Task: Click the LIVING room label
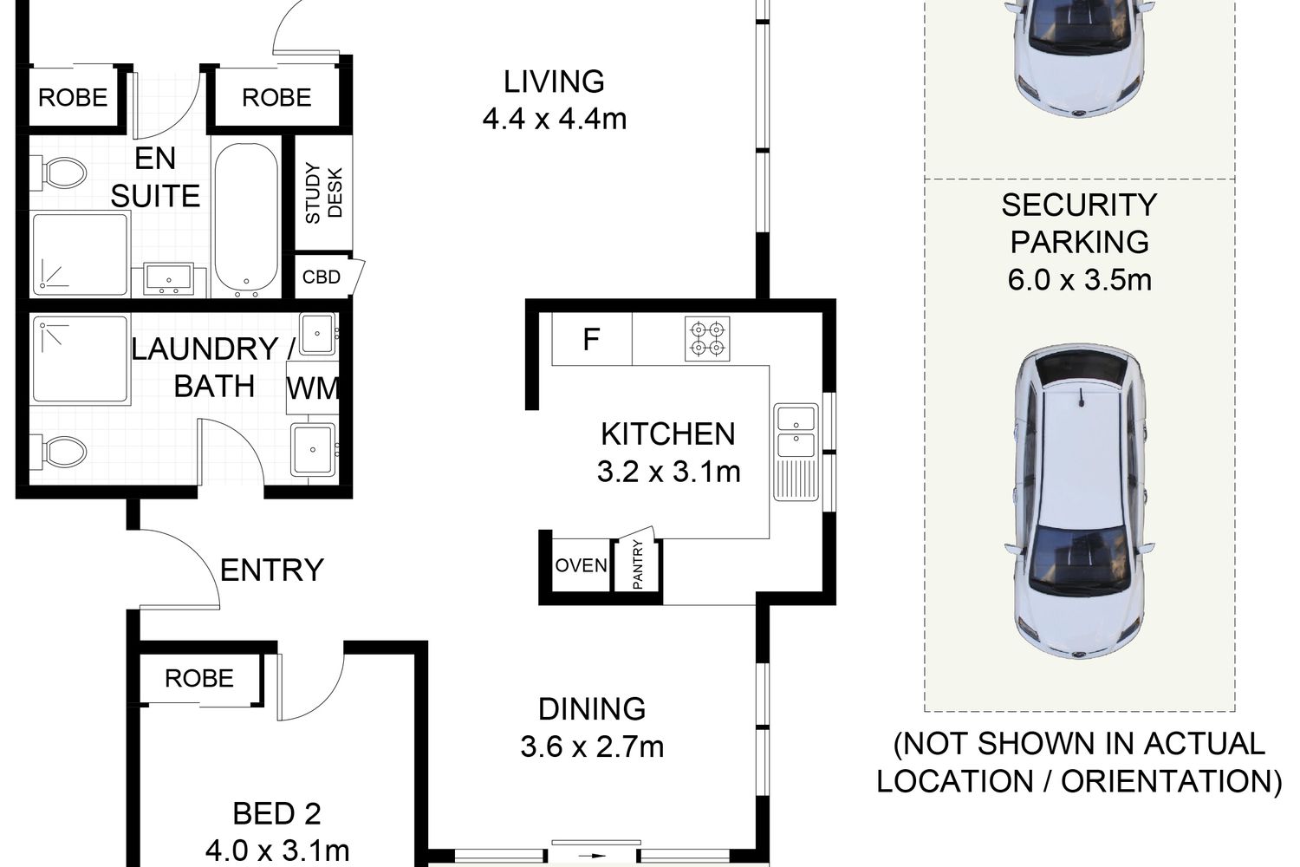[555, 81]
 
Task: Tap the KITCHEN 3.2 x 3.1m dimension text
[668, 472]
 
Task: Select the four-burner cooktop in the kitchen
[707, 338]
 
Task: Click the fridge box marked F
[591, 339]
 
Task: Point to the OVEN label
[581, 565]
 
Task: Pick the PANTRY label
[637, 564]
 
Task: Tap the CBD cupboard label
[321, 277]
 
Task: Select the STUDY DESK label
[324, 193]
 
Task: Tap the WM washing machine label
[313, 388]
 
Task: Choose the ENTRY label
[271, 570]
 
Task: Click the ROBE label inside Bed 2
[199, 678]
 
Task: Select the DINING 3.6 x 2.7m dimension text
[592, 746]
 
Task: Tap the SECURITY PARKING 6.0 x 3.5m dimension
[1080, 280]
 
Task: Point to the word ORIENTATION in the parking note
[1172, 782]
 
